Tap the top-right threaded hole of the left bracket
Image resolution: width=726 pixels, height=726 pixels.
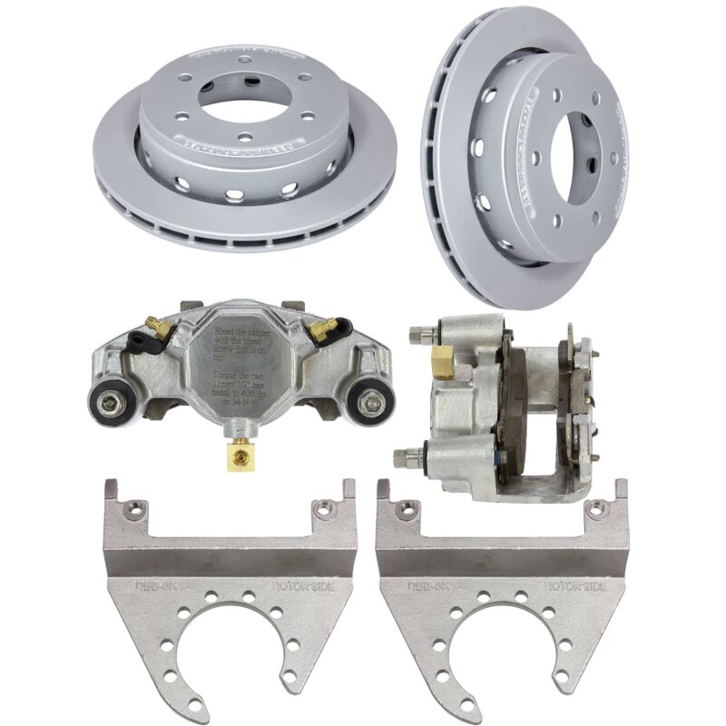(x=320, y=510)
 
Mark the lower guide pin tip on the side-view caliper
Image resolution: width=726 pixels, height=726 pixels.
(x=400, y=457)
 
